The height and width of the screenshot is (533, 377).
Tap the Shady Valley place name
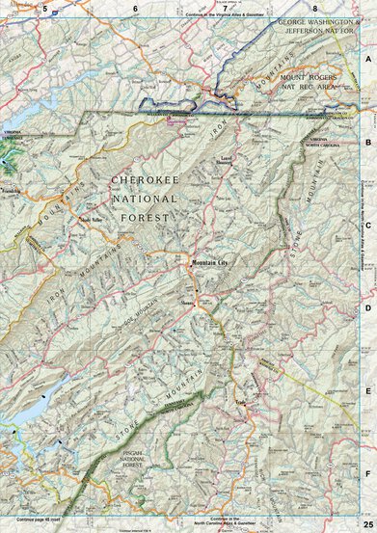tap(91, 219)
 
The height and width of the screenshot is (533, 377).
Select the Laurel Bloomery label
tap(229, 159)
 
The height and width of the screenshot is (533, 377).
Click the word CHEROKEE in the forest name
tap(145, 179)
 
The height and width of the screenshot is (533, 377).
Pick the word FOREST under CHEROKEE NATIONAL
tap(144, 218)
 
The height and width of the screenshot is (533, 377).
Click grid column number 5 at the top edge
tap(45, 8)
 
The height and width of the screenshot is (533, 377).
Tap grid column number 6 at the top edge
tap(136, 8)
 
